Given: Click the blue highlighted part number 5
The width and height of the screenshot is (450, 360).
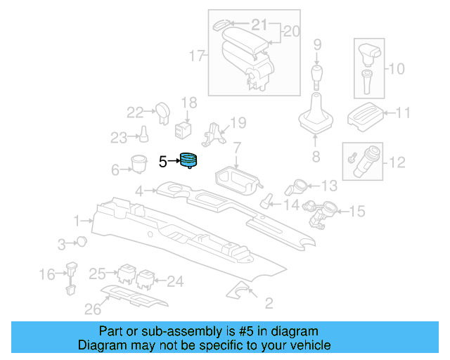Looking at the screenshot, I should (188, 161).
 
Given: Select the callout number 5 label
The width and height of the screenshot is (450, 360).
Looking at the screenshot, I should (162, 162).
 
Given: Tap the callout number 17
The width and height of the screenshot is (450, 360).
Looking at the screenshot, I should (196, 54).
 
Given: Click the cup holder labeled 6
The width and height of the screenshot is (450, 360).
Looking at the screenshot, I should (138, 163).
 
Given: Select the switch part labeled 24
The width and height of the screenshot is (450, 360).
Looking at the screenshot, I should (146, 279).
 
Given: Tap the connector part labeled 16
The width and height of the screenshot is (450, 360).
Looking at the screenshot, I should (71, 276).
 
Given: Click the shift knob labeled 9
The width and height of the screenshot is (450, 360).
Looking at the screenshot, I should (316, 74).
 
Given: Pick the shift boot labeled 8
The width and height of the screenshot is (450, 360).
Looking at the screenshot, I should (315, 116).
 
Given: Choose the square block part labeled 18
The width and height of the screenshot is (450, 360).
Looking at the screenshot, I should (184, 129).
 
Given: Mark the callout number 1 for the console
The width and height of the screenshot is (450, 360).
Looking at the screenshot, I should (78, 221).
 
